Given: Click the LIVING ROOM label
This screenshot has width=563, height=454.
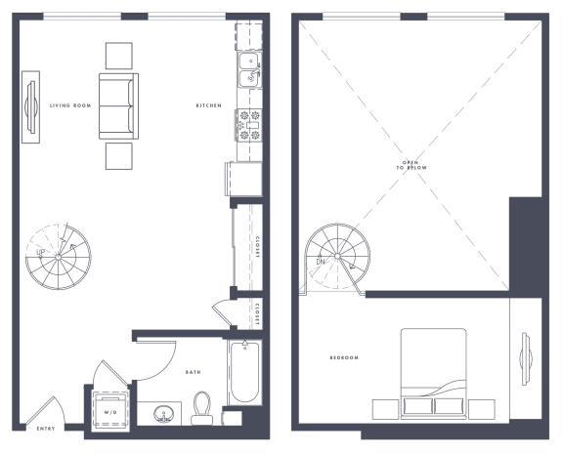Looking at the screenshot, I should click(70, 105).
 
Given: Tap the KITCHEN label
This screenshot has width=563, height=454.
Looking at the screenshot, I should click(207, 105).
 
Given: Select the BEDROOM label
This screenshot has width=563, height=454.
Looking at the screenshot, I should click(344, 358).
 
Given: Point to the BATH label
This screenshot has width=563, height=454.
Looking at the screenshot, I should click(194, 372).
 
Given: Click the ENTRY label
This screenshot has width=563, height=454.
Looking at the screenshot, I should click(46, 429).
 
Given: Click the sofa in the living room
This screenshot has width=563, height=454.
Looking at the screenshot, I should click(118, 105).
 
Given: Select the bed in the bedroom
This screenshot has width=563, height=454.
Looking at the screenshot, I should click(434, 371).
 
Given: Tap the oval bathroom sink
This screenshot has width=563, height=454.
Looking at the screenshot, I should click(160, 413).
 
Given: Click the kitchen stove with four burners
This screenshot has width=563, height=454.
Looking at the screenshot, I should click(247, 125).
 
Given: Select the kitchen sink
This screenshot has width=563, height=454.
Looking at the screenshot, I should click(247, 73).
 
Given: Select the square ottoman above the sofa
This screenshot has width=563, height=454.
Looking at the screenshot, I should click(119, 55).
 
